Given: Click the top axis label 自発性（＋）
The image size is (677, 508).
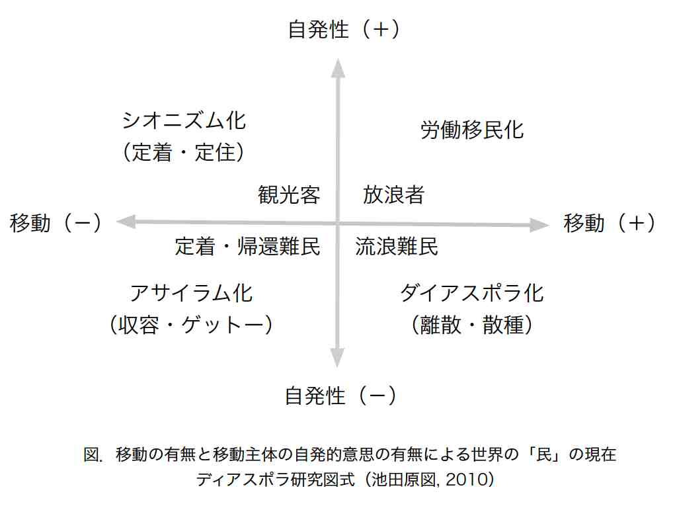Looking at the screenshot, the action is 344,30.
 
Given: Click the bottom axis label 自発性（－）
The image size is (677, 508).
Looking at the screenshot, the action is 340,396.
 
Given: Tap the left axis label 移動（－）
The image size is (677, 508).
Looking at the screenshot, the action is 56,223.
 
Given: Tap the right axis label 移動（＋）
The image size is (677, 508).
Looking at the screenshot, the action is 609,223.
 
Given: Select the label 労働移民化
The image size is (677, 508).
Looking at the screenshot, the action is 472,130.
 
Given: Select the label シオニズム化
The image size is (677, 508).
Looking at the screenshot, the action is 184,120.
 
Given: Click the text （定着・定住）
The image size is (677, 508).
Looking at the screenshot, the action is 184,152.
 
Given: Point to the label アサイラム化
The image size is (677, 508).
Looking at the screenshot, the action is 191,293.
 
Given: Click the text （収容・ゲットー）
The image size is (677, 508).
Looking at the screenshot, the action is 191,325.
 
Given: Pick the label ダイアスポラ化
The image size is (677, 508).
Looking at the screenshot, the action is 472,293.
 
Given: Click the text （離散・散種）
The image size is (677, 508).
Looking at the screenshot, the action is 471,325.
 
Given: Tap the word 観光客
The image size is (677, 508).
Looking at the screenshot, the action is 289,195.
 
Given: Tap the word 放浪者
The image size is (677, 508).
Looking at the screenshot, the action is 393,195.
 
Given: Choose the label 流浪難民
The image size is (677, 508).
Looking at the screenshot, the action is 397,247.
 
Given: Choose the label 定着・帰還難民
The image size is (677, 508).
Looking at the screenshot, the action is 247,247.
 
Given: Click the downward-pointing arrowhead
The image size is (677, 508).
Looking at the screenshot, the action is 337,358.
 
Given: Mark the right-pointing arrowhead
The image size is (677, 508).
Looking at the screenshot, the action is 539,225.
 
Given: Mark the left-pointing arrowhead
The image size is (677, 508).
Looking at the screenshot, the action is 126,222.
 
